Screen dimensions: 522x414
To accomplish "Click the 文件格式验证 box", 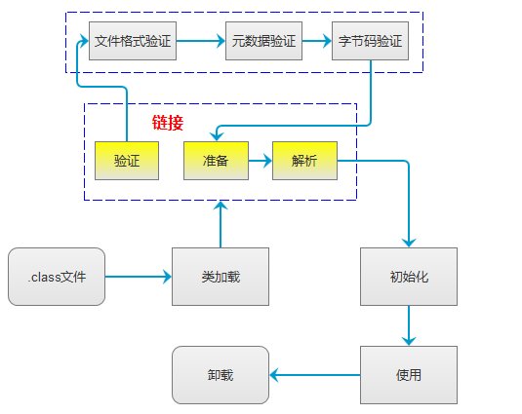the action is click(133, 41).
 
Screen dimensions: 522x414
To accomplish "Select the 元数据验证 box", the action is click(263, 41).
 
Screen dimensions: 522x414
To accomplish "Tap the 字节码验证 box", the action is click(370, 41).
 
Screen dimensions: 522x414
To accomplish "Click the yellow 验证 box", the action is click(127, 161).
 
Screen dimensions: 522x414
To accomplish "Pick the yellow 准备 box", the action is click(216, 161).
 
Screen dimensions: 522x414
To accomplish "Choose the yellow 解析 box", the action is click(304, 161).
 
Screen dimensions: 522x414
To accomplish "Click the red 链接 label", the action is click(168, 123).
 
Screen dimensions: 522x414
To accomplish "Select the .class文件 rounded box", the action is click(57, 277).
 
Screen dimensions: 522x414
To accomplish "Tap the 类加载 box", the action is click(221, 277).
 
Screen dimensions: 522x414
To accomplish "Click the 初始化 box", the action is click(409, 277).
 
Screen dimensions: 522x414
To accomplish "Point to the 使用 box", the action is click(409, 375).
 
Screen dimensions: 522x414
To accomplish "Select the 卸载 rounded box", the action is click(221, 375).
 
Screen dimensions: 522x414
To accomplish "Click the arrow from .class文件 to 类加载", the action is click(139, 277).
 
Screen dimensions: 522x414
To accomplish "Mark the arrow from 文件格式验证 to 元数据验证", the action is click(201, 41).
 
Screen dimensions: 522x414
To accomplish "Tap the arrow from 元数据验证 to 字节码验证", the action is click(317, 41).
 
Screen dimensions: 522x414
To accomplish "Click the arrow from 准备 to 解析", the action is click(261, 161).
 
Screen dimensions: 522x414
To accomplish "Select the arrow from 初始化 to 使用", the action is click(409, 325).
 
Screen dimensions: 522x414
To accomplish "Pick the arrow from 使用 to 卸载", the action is click(314, 375).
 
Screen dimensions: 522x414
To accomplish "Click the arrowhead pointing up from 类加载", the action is click(221, 206).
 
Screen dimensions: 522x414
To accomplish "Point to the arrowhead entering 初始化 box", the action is click(409, 243).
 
